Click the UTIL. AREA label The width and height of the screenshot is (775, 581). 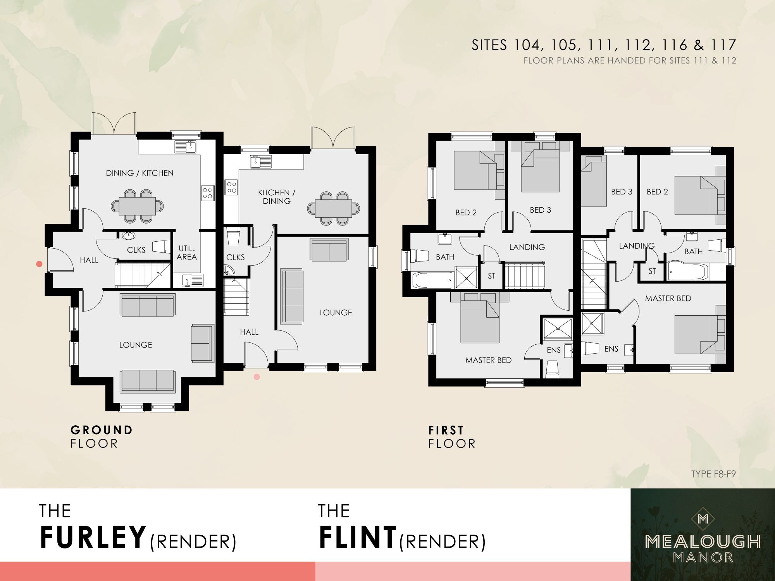(187, 253)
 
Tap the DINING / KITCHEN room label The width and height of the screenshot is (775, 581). (139, 173)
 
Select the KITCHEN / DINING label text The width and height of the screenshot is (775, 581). (276, 196)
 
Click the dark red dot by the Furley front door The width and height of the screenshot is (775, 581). (39, 264)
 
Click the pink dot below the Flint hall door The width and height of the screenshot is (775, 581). (257, 376)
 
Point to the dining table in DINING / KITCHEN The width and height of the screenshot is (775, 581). (137, 206)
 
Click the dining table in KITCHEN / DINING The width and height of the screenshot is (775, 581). (333, 208)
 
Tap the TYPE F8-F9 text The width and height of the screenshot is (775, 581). (713, 474)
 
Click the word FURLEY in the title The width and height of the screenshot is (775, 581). (93, 538)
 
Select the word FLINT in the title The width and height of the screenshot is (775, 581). (358, 538)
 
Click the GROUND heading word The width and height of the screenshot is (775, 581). (102, 430)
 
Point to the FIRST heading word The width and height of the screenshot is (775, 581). (446, 430)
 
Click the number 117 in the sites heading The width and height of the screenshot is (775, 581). (723, 45)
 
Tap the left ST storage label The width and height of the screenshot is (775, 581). (491, 276)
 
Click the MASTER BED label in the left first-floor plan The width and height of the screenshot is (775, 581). (488, 360)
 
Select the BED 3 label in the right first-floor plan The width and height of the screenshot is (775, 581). (622, 192)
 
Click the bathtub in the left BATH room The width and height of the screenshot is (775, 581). (432, 279)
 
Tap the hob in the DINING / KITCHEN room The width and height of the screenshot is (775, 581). (207, 193)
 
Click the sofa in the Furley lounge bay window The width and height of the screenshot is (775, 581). (147, 381)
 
